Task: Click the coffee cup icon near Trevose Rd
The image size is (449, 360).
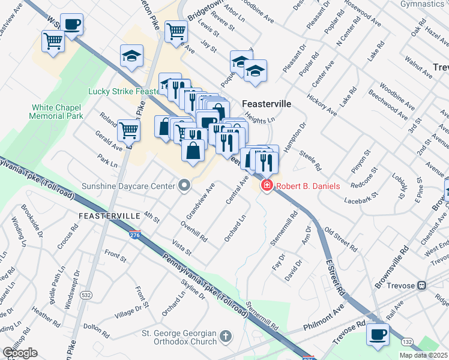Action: (x=377, y=334)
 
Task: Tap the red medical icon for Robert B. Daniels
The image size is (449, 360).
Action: (x=266, y=187)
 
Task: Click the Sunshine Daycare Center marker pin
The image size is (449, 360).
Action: (x=184, y=186)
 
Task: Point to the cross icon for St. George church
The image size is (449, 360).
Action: (x=225, y=336)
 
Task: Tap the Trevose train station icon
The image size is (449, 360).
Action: (x=422, y=286)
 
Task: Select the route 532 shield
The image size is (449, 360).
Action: (x=86, y=295)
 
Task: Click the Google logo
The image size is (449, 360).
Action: (x=20, y=353)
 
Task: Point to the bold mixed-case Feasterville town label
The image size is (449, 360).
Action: (x=267, y=104)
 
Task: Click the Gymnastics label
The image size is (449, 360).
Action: (x=426, y=4)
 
